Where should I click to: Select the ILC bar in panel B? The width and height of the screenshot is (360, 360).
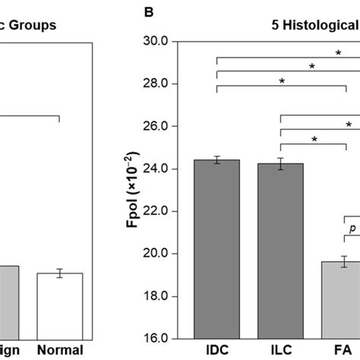pyautogui.click(x=280, y=251)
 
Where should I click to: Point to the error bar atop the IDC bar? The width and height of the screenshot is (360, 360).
pyautogui.click(x=216, y=159)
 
